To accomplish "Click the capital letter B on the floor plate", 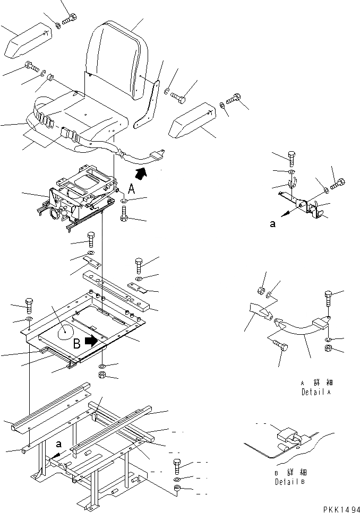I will click(77, 343).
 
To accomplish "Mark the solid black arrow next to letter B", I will click(92, 340).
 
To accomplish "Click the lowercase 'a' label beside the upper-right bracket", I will click(273, 224).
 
